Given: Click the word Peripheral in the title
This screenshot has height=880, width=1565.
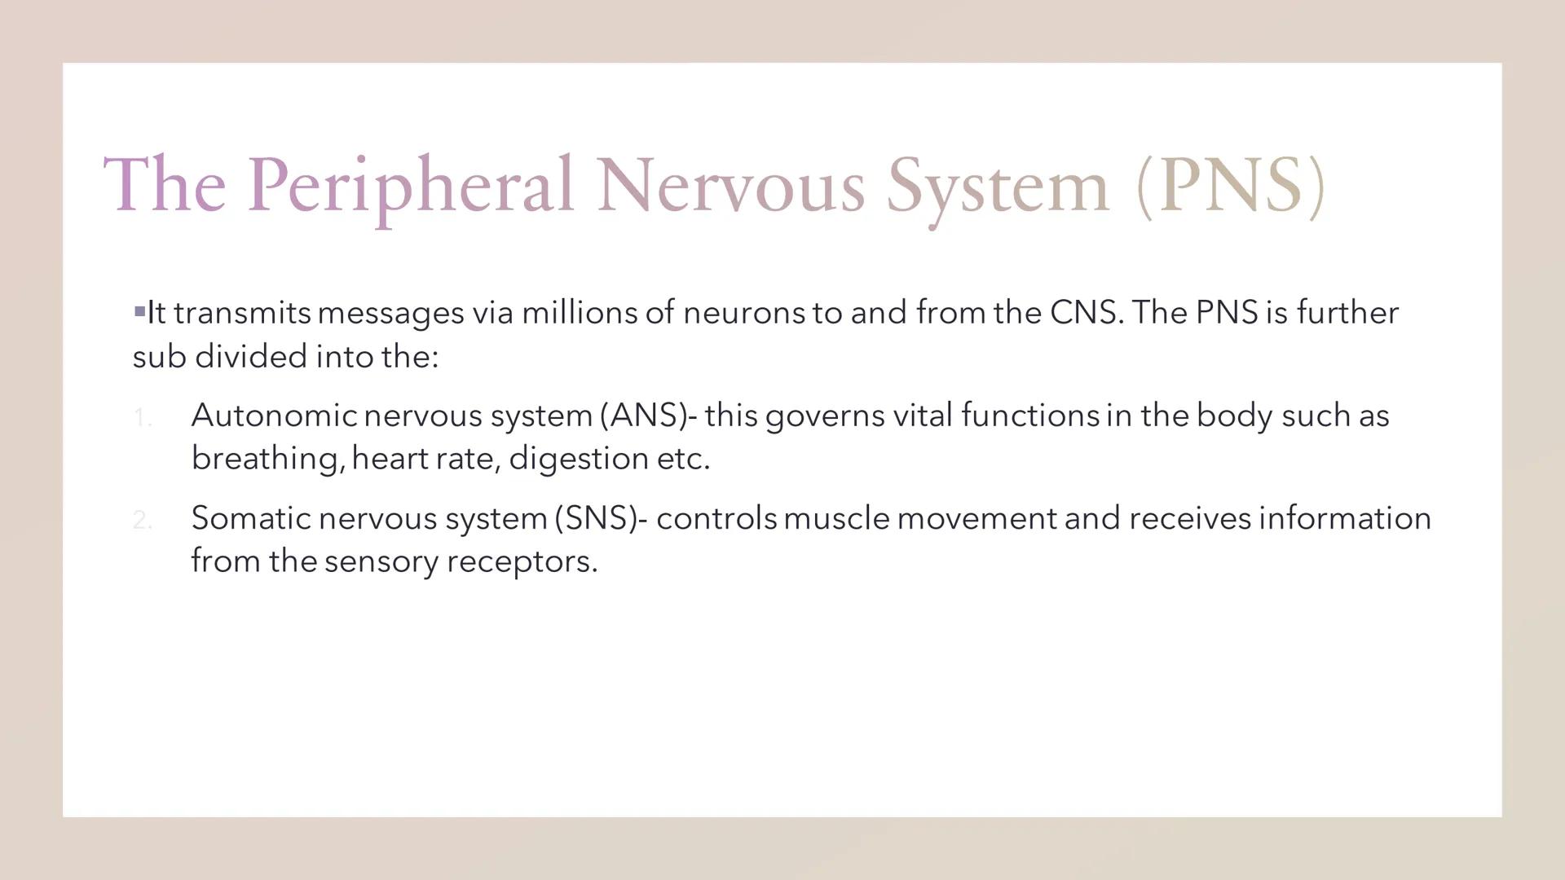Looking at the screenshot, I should coord(410,186).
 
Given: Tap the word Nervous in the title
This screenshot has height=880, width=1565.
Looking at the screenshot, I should coord(730,186).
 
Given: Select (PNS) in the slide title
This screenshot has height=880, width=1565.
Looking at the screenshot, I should coord(1231,186).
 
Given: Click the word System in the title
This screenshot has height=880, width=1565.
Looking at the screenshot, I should coord(998,186).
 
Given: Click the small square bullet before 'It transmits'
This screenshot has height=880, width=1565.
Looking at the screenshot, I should coord(139,310).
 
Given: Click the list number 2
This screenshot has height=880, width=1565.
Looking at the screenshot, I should coord(142,520).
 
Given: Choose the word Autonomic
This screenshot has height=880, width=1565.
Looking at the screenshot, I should coord(274,416).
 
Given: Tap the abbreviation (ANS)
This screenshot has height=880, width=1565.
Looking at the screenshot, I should coord(644,416).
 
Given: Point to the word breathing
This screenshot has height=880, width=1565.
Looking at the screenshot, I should coord(266,459).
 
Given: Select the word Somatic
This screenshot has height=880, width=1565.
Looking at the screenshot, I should coord(251,518).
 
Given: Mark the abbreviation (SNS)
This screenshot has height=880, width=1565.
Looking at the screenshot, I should coord(596,518).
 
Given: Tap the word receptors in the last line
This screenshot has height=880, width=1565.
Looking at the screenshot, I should coord(522,561).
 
